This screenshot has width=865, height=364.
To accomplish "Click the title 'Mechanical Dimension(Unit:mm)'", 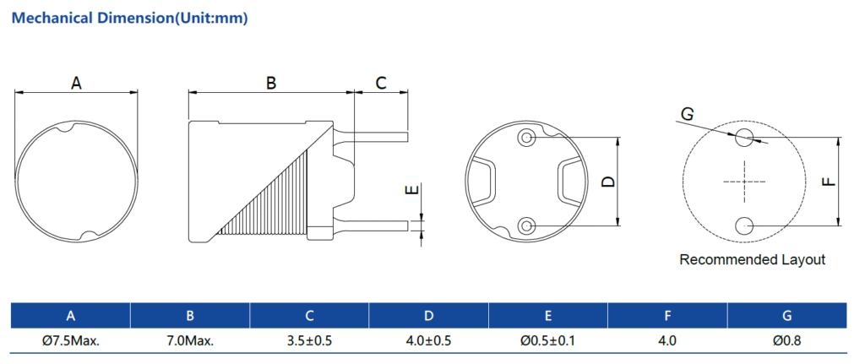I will point(129,18).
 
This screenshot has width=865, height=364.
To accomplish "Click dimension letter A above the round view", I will point(76,83).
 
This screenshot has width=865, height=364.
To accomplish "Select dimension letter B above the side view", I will point(271,83).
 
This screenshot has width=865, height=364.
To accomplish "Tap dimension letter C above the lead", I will point(380,83).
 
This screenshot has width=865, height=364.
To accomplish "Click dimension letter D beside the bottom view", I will point(606,182).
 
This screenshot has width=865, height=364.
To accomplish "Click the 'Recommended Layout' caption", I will point(752,260).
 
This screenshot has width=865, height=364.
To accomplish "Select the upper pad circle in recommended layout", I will point(744,137).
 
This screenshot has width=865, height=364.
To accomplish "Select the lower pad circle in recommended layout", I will point(744,225).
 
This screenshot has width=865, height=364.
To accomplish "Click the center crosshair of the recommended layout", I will point(744,182).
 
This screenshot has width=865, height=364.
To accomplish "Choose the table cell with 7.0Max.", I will point(190,341).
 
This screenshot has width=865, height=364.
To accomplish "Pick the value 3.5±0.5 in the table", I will point(310,341).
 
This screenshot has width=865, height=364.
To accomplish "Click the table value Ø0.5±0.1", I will point(548,341).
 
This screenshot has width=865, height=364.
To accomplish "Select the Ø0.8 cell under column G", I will point(787,341).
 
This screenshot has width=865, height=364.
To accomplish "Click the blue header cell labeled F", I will point(667,316).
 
